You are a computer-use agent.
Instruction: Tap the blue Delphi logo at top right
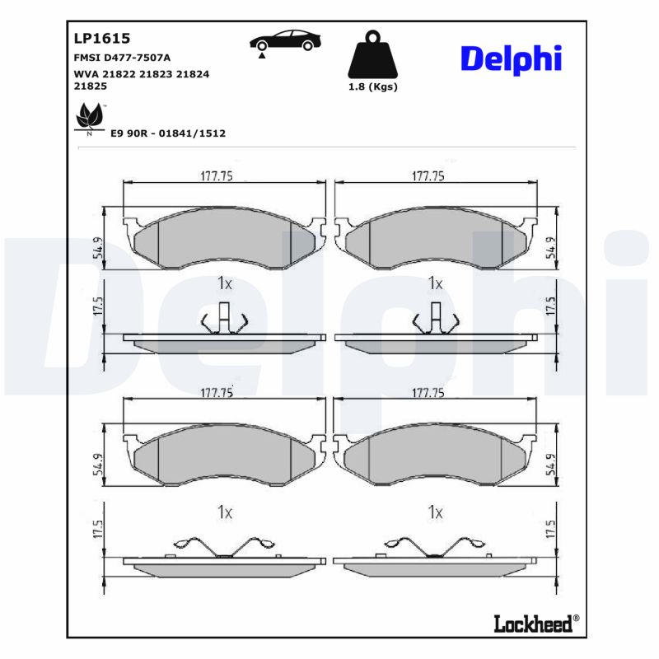click(x=511, y=58)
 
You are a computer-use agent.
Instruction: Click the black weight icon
click(x=372, y=55)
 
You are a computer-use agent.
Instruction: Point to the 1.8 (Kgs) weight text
click(x=372, y=86)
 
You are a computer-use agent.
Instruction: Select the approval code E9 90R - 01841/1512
click(x=168, y=133)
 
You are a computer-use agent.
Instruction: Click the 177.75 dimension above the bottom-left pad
click(x=217, y=394)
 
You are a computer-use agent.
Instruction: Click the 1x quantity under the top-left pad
click(x=225, y=283)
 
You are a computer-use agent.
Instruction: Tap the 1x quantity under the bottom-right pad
click(x=435, y=512)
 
